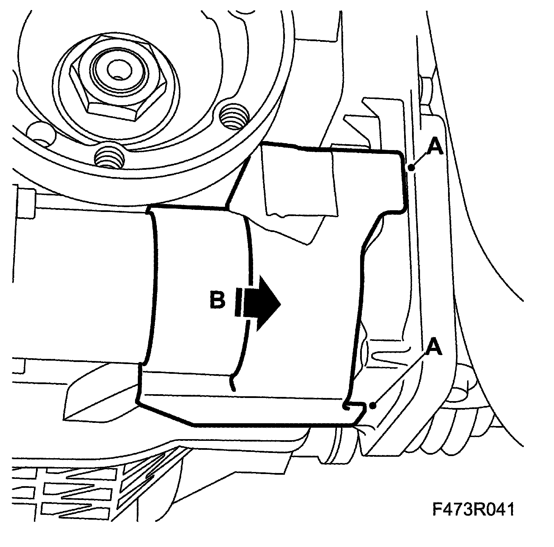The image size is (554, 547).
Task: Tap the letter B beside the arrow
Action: pos(217,300)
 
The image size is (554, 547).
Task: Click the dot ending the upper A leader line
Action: pos(411,168)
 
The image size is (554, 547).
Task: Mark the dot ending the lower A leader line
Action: pos(373,405)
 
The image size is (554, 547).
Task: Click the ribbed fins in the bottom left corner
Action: pos(80,491)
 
